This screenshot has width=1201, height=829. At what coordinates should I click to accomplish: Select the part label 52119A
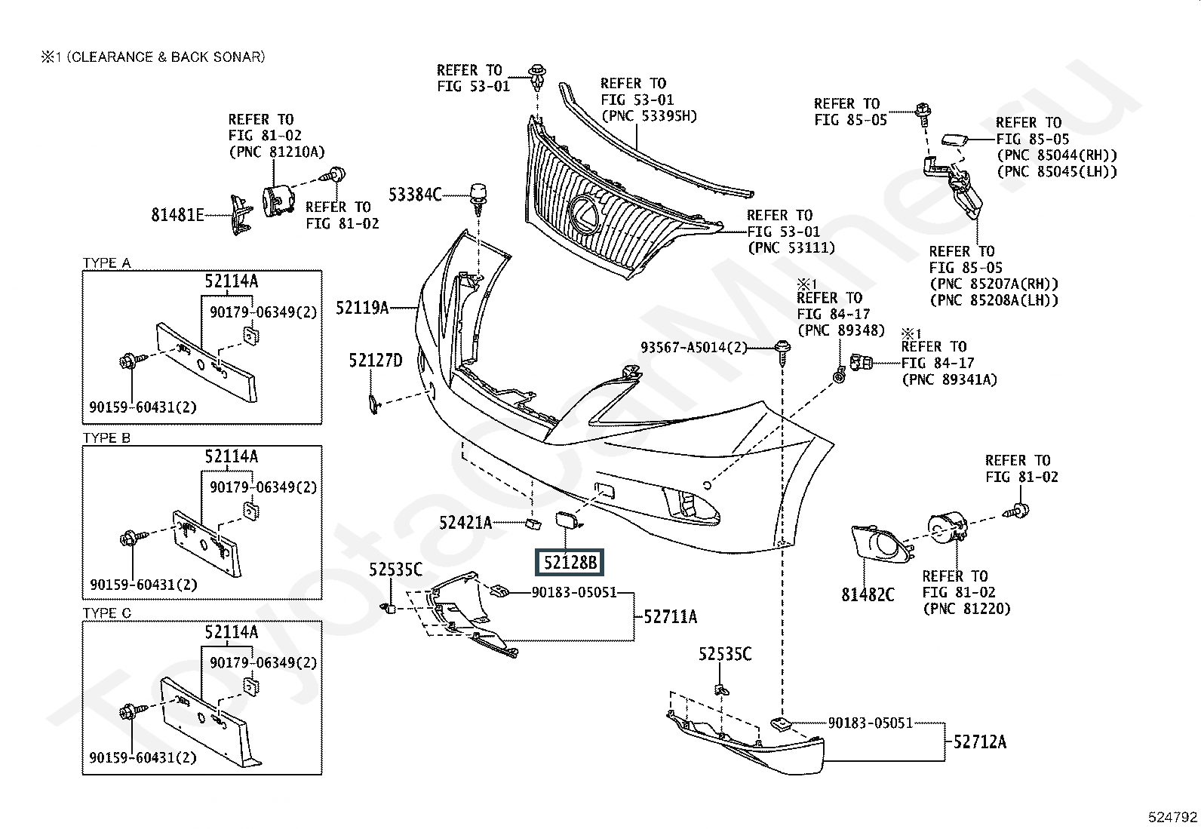click(362, 307)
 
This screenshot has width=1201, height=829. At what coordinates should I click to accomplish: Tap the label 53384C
click(415, 195)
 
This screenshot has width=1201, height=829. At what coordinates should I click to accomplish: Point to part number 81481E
click(177, 215)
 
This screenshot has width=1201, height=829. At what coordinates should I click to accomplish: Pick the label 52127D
click(375, 361)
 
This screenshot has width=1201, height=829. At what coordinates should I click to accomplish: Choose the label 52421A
click(465, 522)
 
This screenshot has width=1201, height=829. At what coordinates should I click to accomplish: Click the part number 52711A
click(670, 617)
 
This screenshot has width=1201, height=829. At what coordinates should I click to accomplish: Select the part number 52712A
click(979, 741)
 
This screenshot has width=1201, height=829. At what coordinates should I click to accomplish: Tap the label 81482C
click(868, 595)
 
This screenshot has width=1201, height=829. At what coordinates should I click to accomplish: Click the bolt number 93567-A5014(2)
click(693, 347)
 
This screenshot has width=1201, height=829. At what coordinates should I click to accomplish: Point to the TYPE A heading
click(106, 263)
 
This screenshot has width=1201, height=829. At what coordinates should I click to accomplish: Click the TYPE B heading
click(106, 438)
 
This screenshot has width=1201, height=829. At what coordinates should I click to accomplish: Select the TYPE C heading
click(106, 613)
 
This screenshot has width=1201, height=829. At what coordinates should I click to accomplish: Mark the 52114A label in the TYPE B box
click(231, 456)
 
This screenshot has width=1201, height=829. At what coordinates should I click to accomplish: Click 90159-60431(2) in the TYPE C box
click(143, 757)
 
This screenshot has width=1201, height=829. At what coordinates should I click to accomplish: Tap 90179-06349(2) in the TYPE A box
click(263, 312)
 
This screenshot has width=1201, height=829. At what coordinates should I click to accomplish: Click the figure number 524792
click(1173, 816)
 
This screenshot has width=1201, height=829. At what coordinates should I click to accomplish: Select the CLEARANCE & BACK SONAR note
click(153, 57)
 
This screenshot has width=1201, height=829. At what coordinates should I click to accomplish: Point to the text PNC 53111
click(791, 247)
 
